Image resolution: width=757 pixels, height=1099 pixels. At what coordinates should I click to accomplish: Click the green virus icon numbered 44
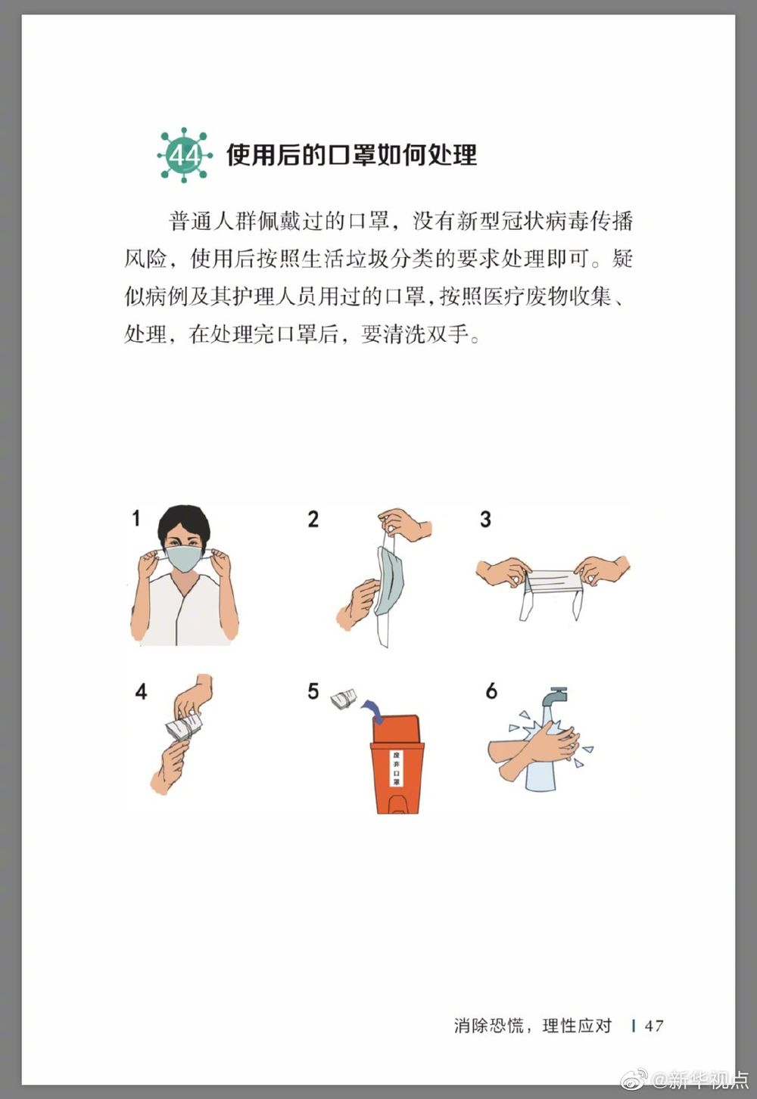[x=185, y=155]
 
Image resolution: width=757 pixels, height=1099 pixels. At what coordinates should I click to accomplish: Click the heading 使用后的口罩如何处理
[x=351, y=154]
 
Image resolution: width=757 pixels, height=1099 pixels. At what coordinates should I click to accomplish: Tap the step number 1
[x=136, y=518]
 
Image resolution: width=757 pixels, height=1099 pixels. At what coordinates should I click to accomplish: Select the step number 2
[x=313, y=519]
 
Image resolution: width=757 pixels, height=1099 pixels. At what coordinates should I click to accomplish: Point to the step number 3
[x=485, y=519]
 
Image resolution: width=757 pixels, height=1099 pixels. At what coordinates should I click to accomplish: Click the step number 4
[x=141, y=692]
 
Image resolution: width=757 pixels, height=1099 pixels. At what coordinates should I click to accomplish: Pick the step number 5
[x=313, y=691]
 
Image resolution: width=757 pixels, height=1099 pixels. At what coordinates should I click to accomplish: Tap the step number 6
[x=491, y=691]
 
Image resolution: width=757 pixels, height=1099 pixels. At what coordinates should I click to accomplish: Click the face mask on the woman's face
[x=184, y=558]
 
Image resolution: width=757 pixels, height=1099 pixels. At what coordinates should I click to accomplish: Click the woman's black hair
[x=184, y=522]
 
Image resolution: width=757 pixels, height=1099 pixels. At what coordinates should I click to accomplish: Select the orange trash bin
[x=397, y=763]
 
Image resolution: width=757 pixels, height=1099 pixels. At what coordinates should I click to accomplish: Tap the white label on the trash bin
[x=396, y=768]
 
